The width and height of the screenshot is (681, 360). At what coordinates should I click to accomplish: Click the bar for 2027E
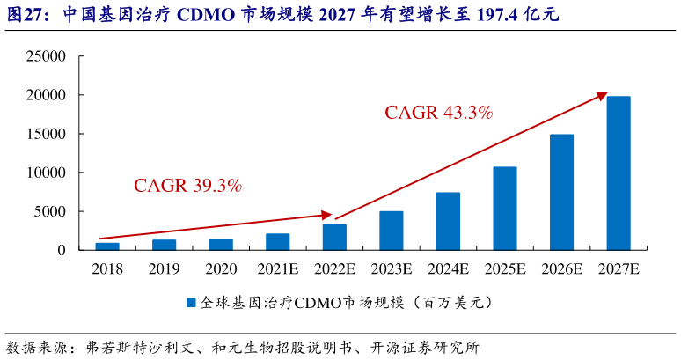coord(619,173)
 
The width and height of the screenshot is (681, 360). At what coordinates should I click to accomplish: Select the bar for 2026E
coord(561,192)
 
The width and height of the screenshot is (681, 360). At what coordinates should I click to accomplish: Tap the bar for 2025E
coord(505,209)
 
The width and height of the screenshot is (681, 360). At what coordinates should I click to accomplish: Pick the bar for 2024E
coord(448,221)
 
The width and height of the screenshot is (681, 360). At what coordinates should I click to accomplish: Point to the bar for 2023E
coord(392,231)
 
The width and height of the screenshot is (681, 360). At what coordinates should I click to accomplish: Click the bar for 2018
coord(107,246)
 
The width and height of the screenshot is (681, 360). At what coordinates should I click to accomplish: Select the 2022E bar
coord(334,238)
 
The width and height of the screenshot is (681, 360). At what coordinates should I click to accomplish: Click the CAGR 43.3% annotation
coord(438,113)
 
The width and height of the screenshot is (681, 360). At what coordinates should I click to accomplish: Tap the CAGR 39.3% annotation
coord(187,186)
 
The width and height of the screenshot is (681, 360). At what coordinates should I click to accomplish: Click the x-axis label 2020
coord(221,269)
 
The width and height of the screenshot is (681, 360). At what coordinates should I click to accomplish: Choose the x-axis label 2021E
coord(278,269)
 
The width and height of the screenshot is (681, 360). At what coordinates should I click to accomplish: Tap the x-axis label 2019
coord(164,269)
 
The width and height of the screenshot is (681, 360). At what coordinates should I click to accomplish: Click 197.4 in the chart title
coord(494,15)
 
